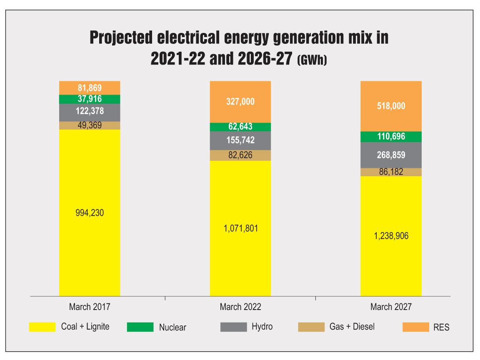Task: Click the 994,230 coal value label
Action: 90,213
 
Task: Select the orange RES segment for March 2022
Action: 240,102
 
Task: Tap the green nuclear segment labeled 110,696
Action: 391,136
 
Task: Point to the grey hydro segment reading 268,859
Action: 391,155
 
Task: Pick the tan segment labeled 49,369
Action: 90,125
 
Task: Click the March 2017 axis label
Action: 90,307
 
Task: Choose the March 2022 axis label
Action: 240,307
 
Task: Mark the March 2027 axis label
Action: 391,307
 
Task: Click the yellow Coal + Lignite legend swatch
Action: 42,327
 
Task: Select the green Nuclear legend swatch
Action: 140,327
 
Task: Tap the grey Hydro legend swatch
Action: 233,327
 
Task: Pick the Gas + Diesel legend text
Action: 352,327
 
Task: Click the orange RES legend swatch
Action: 415,327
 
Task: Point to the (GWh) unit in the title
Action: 312,60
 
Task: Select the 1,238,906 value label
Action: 391,236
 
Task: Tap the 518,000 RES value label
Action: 391,106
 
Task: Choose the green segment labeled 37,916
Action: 90,99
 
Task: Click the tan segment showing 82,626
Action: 240,155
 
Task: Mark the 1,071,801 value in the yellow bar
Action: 240,228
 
